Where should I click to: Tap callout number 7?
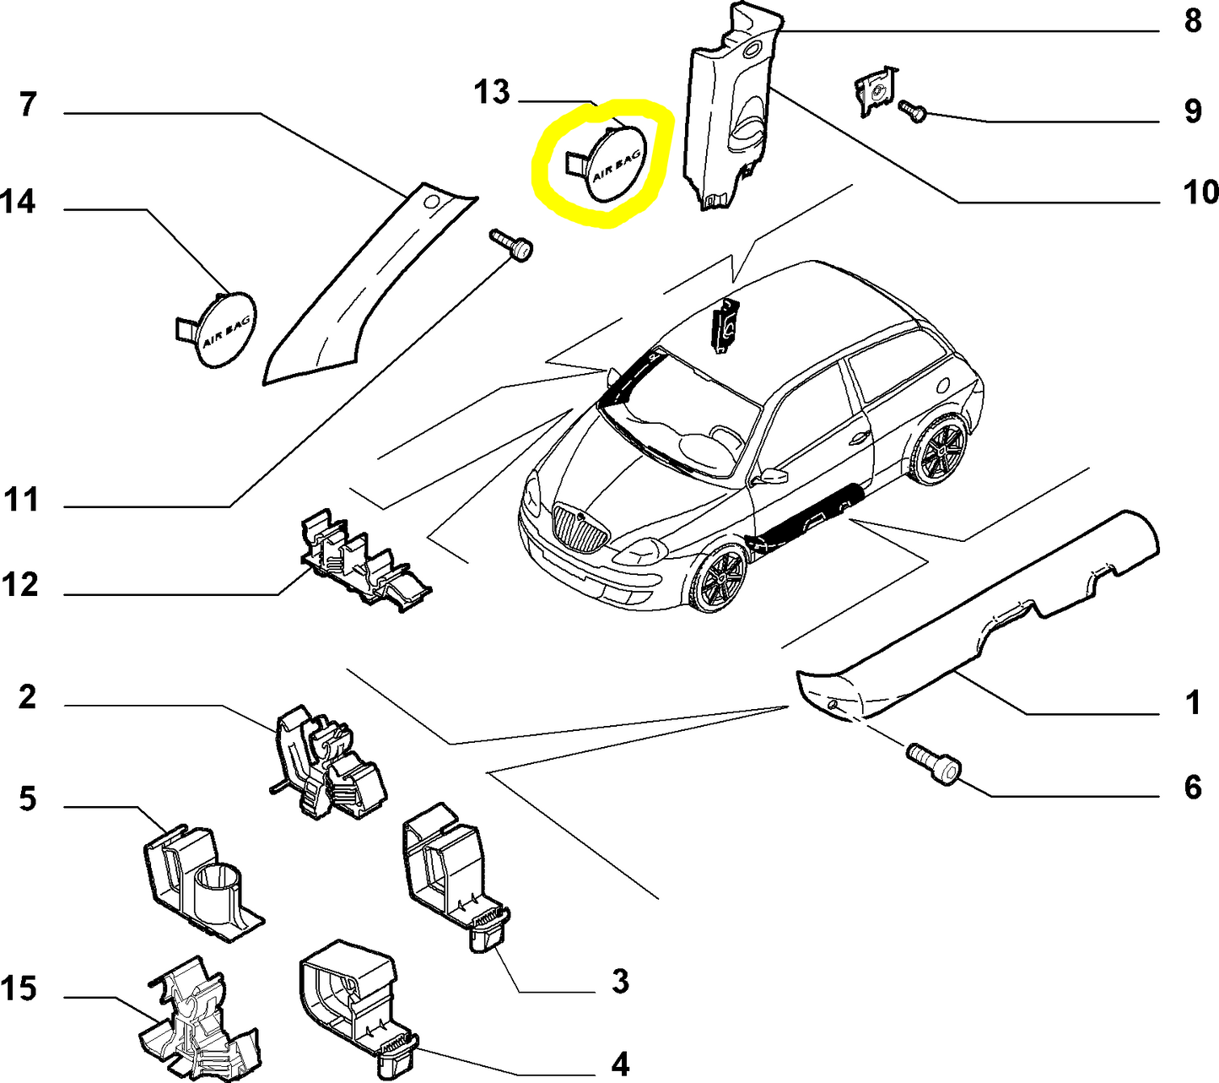(28, 105)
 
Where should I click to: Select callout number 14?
(18, 202)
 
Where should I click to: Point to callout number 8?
(1192, 20)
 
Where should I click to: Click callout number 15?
(19, 988)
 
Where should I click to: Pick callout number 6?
(1192, 788)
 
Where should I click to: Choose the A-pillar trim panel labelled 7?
(354, 295)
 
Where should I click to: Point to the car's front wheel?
(720, 580)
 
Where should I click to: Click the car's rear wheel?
(939, 450)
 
